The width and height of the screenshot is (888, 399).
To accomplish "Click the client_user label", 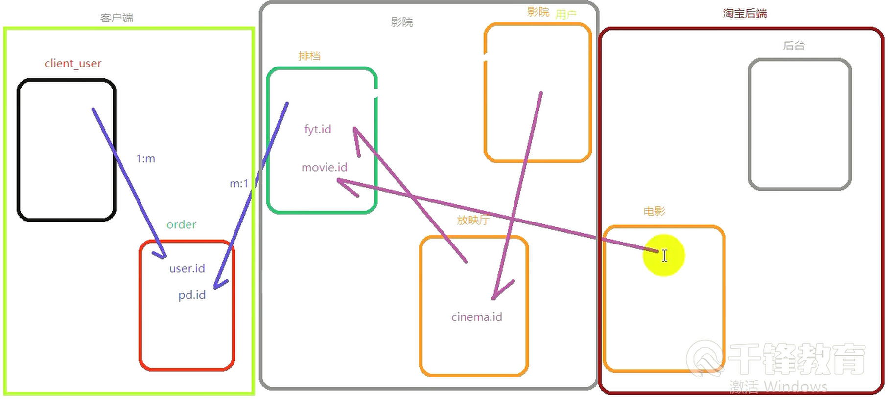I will pyautogui.click(x=73, y=64).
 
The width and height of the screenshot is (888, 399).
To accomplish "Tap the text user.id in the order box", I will pyautogui.click(x=187, y=269).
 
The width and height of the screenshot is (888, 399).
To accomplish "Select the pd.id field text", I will pyautogui.click(x=192, y=295).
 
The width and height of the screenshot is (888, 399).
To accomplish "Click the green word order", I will pyautogui.click(x=181, y=225).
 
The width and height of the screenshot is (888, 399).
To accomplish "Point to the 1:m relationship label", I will pyautogui.click(x=145, y=159).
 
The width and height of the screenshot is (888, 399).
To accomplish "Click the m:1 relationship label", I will pyautogui.click(x=239, y=184).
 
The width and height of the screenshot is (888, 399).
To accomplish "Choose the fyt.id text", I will pyautogui.click(x=318, y=130).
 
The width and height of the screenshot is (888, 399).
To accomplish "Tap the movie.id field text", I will pyautogui.click(x=324, y=168).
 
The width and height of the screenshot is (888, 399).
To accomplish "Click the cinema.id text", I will pyautogui.click(x=476, y=317).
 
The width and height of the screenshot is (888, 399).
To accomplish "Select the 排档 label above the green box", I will pyautogui.click(x=309, y=56).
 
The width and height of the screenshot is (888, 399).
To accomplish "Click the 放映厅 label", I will pyautogui.click(x=473, y=220).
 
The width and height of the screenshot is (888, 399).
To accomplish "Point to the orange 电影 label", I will pyautogui.click(x=654, y=211).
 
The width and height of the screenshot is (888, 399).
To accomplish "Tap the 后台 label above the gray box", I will pyautogui.click(x=794, y=45).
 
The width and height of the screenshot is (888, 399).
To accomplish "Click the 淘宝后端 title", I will pyautogui.click(x=745, y=14).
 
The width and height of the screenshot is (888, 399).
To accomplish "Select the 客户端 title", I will pyautogui.click(x=117, y=18).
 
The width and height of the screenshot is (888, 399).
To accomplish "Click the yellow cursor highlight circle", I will pyautogui.click(x=663, y=255).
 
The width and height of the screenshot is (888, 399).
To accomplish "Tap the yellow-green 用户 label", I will pyautogui.click(x=566, y=15).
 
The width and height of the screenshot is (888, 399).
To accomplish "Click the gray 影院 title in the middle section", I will pyautogui.click(x=402, y=22).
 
